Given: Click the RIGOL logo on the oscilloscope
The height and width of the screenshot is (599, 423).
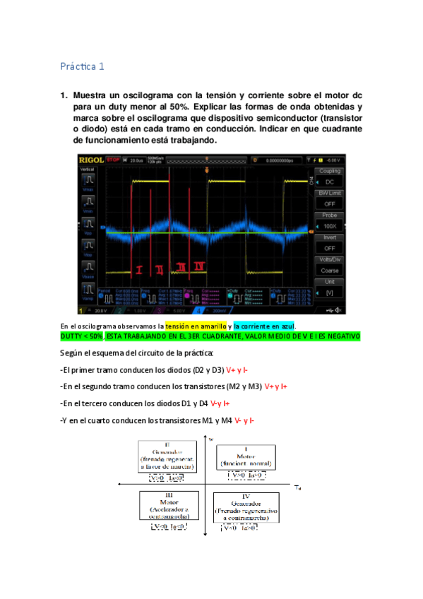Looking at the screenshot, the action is pos(92,160).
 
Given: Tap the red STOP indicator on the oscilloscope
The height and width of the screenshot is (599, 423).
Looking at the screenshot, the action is pos(114,160).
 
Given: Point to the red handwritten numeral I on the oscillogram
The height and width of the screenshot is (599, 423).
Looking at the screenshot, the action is pos(139,269).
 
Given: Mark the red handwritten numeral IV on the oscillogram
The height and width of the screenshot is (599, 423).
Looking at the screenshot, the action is pos(201,266).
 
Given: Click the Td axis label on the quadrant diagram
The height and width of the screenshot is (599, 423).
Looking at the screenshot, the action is pos(297,487).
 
